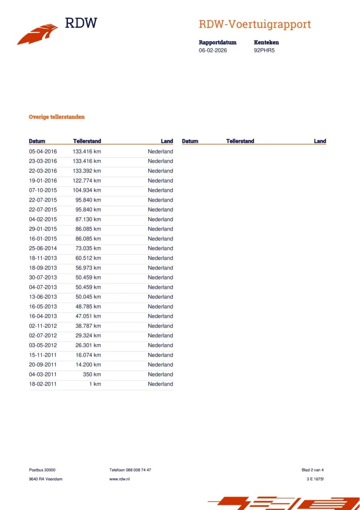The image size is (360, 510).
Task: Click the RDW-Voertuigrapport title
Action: click(254, 24)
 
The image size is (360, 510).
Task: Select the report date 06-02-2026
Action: click(213, 51)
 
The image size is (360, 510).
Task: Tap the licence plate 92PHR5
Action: click(264, 51)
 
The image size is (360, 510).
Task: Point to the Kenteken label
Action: click(266, 42)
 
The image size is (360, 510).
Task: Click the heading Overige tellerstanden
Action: click(57, 117)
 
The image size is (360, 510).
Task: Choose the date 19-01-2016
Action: click(43, 180)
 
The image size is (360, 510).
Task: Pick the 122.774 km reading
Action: click(87, 180)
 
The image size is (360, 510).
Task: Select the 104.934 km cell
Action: click(87, 190)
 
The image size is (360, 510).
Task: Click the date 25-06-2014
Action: click(43, 249)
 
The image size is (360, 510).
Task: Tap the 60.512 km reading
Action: click(88, 258)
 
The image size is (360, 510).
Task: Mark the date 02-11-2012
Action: click(43, 326)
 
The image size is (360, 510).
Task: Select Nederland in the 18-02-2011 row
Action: click(160, 384)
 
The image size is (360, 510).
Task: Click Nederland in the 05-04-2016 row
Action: click(160, 151)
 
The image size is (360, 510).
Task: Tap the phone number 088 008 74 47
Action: click(138, 470)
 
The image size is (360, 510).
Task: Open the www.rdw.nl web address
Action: click(119, 479)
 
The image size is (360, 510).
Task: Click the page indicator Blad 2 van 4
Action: click(313, 470)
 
